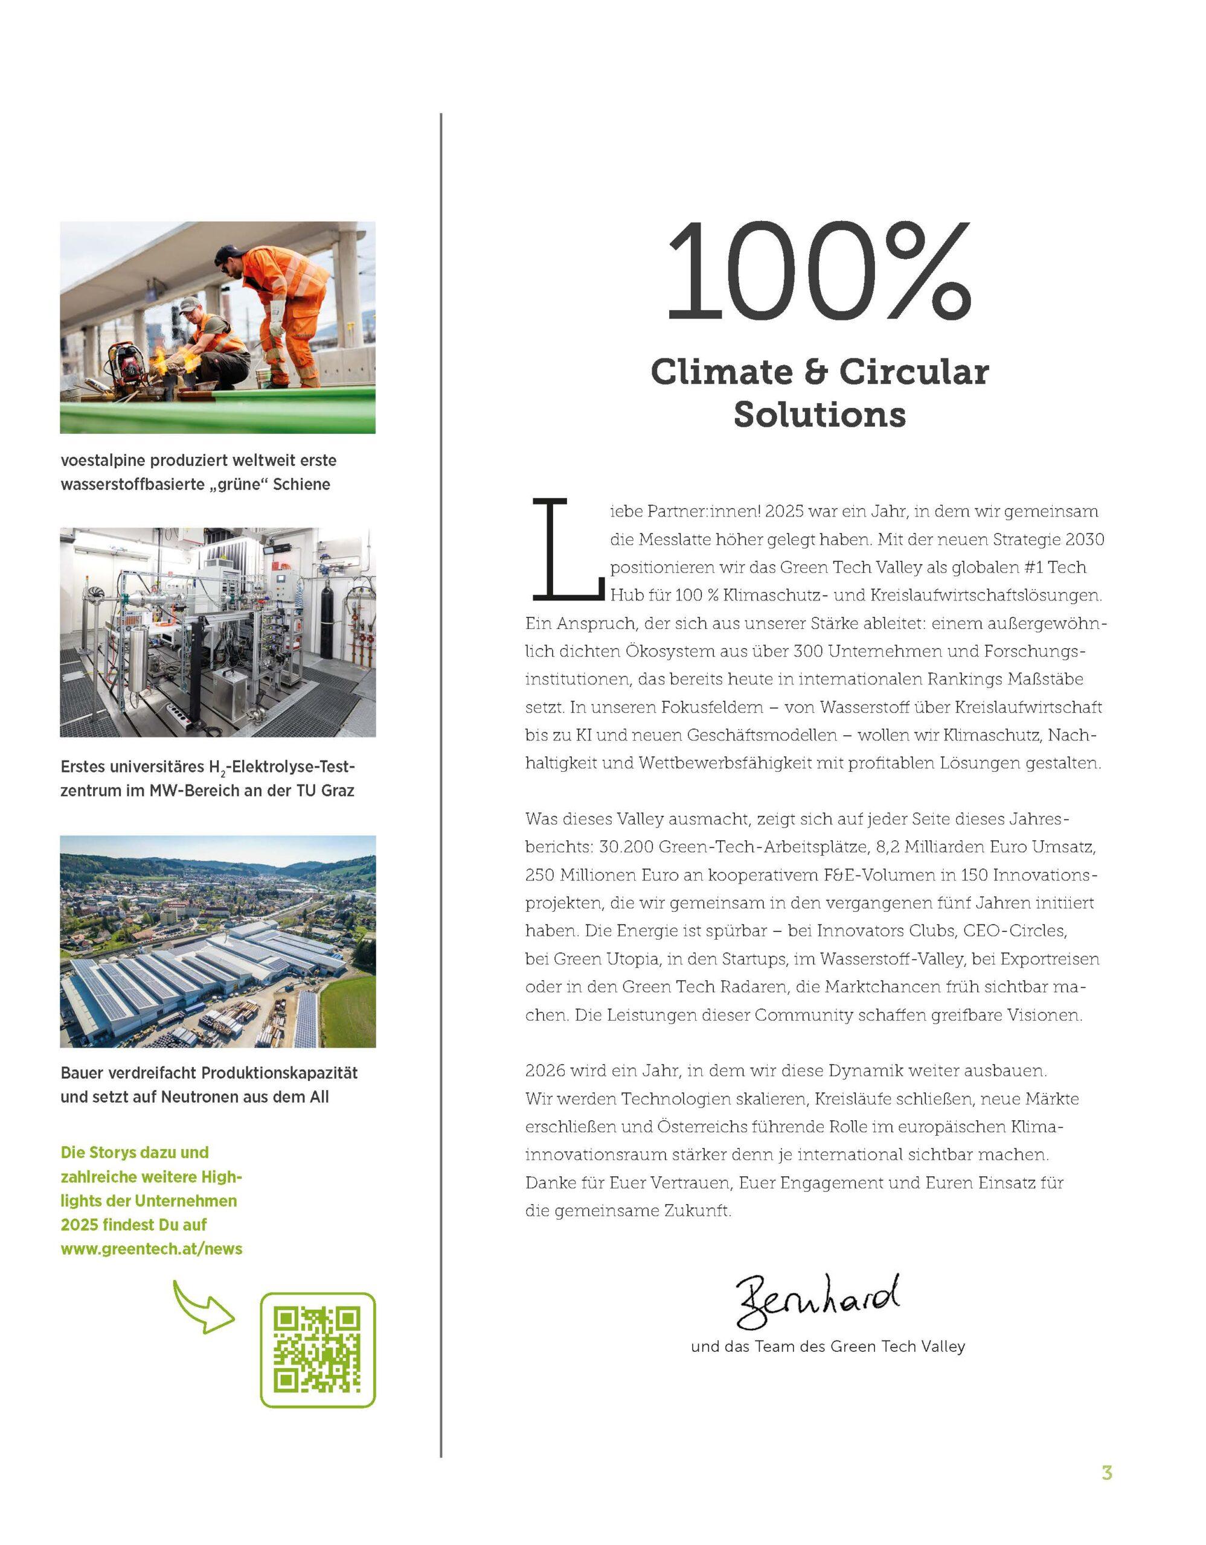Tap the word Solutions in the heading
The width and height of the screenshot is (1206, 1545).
pyautogui.click(x=819, y=414)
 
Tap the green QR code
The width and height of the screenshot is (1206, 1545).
pyautogui.click(x=318, y=1349)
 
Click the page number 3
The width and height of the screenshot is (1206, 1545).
pyautogui.click(x=1107, y=1473)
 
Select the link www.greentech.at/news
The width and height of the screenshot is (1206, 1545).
pyautogui.click(x=152, y=1249)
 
